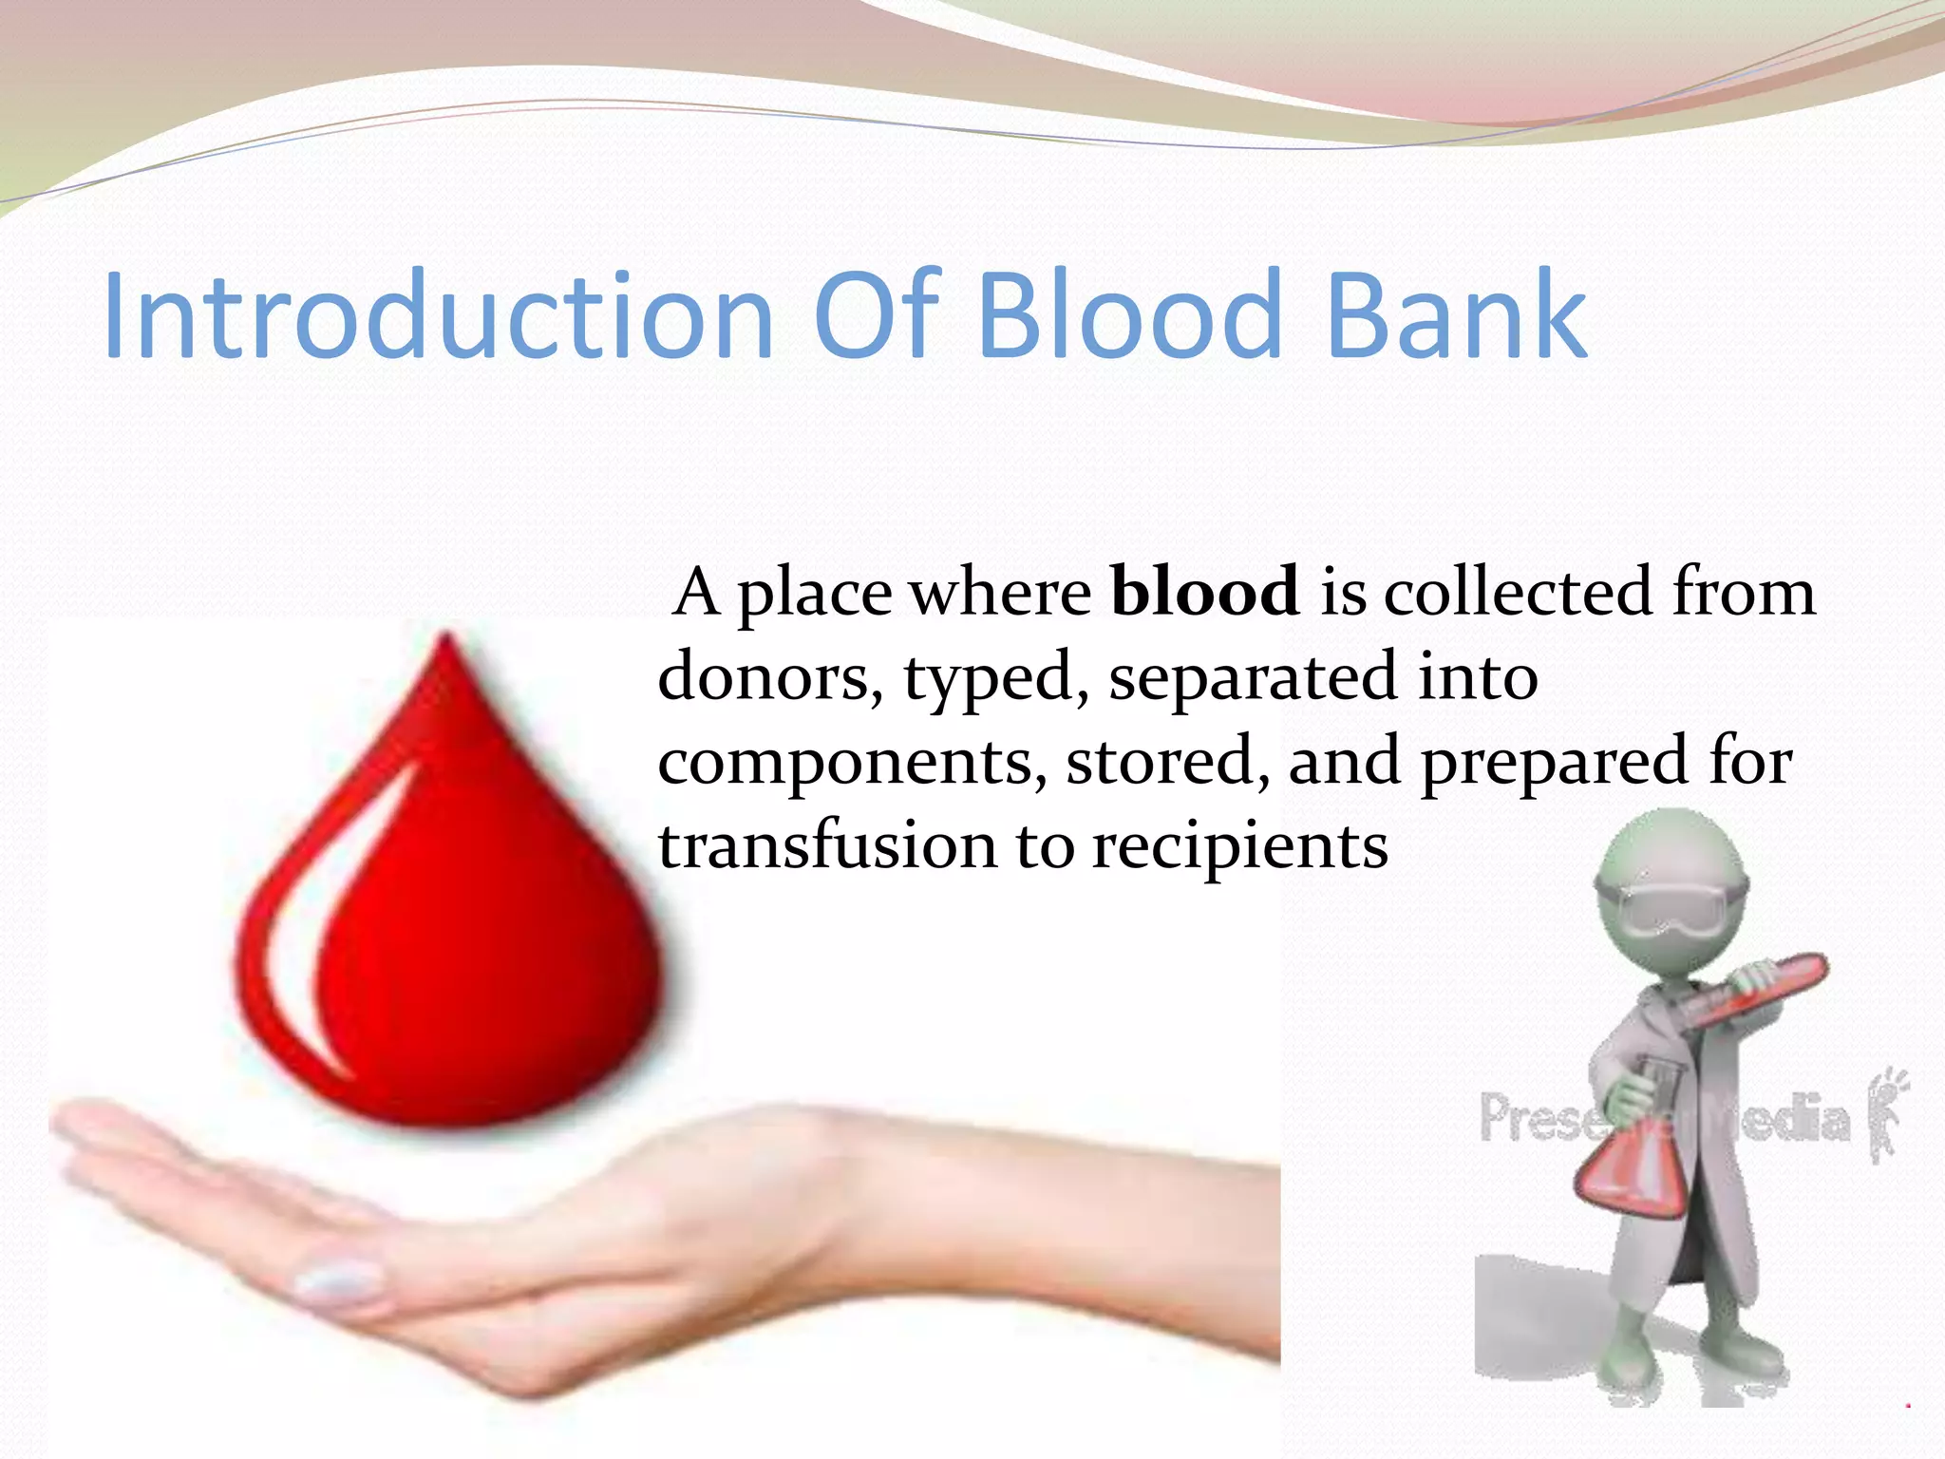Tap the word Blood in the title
coord(1130,315)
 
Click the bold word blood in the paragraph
coord(1205,592)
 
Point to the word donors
coord(769,677)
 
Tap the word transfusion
coord(827,845)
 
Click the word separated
coord(1254,677)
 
